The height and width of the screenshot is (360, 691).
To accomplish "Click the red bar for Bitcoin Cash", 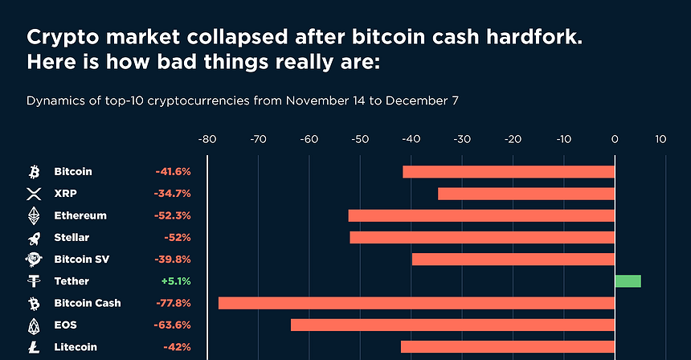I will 416,303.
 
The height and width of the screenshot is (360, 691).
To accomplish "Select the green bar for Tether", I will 628,281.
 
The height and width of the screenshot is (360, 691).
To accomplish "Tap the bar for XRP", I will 525,194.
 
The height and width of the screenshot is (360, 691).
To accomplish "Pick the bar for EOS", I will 452,325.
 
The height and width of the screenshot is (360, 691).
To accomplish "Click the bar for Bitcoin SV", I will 513,259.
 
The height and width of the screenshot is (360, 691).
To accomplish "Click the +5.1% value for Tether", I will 175,281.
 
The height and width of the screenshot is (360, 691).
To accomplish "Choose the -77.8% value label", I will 173,303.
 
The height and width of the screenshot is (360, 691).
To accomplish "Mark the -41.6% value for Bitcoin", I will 173,172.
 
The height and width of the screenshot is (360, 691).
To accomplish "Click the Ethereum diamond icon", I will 34,215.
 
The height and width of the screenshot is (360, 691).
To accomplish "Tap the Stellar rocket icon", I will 34,238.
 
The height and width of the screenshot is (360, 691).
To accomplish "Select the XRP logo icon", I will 34,194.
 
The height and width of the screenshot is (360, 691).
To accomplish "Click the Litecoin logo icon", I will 34,347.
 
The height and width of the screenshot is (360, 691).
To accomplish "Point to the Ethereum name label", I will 80,215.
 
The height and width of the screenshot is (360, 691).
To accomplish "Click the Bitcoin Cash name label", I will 88,303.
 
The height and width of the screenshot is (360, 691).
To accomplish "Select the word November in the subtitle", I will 287,102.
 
